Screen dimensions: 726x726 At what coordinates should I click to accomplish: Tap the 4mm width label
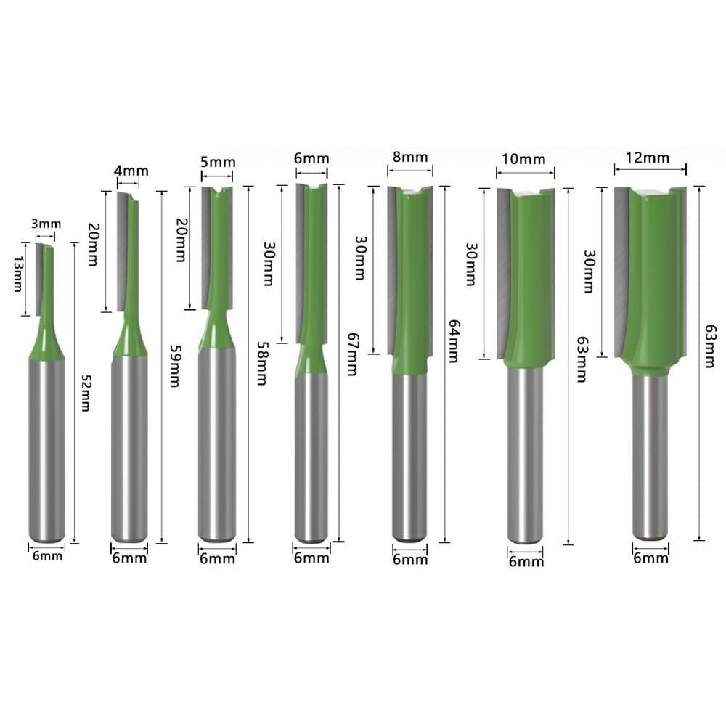coord(131,171)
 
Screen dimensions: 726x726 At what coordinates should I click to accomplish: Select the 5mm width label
coord(218,162)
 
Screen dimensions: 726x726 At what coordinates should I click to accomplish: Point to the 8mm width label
coord(409,157)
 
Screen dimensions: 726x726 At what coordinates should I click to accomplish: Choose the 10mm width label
coord(525,158)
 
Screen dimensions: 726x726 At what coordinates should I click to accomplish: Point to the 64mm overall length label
coord(454,341)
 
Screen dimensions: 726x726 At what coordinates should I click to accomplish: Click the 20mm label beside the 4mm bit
coord(93,245)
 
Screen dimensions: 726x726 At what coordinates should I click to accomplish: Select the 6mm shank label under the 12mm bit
coord(650,558)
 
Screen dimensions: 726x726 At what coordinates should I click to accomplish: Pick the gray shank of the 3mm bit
coord(47,450)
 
